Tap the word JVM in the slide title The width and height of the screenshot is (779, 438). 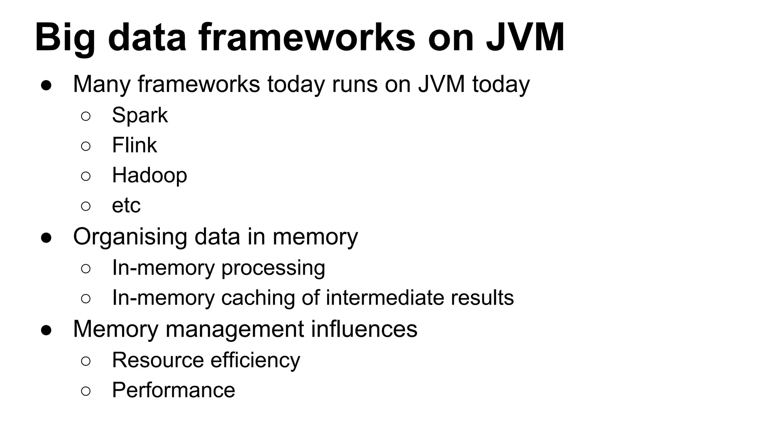pos(525,37)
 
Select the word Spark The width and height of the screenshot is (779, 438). pos(140,115)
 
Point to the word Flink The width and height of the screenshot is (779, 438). pos(134,145)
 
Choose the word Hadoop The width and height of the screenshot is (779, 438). pos(149,175)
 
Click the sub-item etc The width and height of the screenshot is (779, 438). pos(126,206)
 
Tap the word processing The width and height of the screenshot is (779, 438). pos(273,268)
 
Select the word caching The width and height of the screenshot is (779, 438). pos(258,298)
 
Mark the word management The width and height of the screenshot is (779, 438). pos(235,329)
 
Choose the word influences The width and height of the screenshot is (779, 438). pos(364,329)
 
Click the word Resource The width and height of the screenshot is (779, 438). pos(158,360)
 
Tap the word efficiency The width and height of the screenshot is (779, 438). pos(255,360)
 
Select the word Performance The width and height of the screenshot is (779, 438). pos(173,390)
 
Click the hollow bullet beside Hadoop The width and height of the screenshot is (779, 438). pos(86,176)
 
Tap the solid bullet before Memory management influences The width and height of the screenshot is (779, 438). pos(46,330)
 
